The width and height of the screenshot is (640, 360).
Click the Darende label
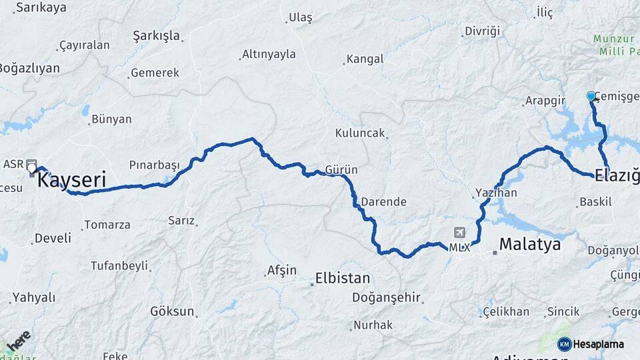(x=383, y=201)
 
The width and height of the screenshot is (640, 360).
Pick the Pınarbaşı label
(x=155, y=165)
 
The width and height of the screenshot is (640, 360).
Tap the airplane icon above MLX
(x=459, y=233)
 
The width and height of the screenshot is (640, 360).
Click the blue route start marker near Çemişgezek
(x=591, y=96)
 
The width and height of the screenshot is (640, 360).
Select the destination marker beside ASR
(x=31, y=167)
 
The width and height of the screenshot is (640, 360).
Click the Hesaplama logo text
(x=598, y=345)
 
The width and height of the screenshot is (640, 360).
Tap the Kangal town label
(x=365, y=59)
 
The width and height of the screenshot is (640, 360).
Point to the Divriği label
(x=482, y=31)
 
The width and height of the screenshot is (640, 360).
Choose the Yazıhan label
(x=496, y=193)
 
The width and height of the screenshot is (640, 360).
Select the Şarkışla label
(x=157, y=35)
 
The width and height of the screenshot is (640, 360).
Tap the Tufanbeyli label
(x=119, y=266)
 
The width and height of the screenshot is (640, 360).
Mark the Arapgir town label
(x=545, y=101)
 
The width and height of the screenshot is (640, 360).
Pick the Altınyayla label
(x=269, y=54)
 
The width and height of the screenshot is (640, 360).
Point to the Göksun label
(x=172, y=311)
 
